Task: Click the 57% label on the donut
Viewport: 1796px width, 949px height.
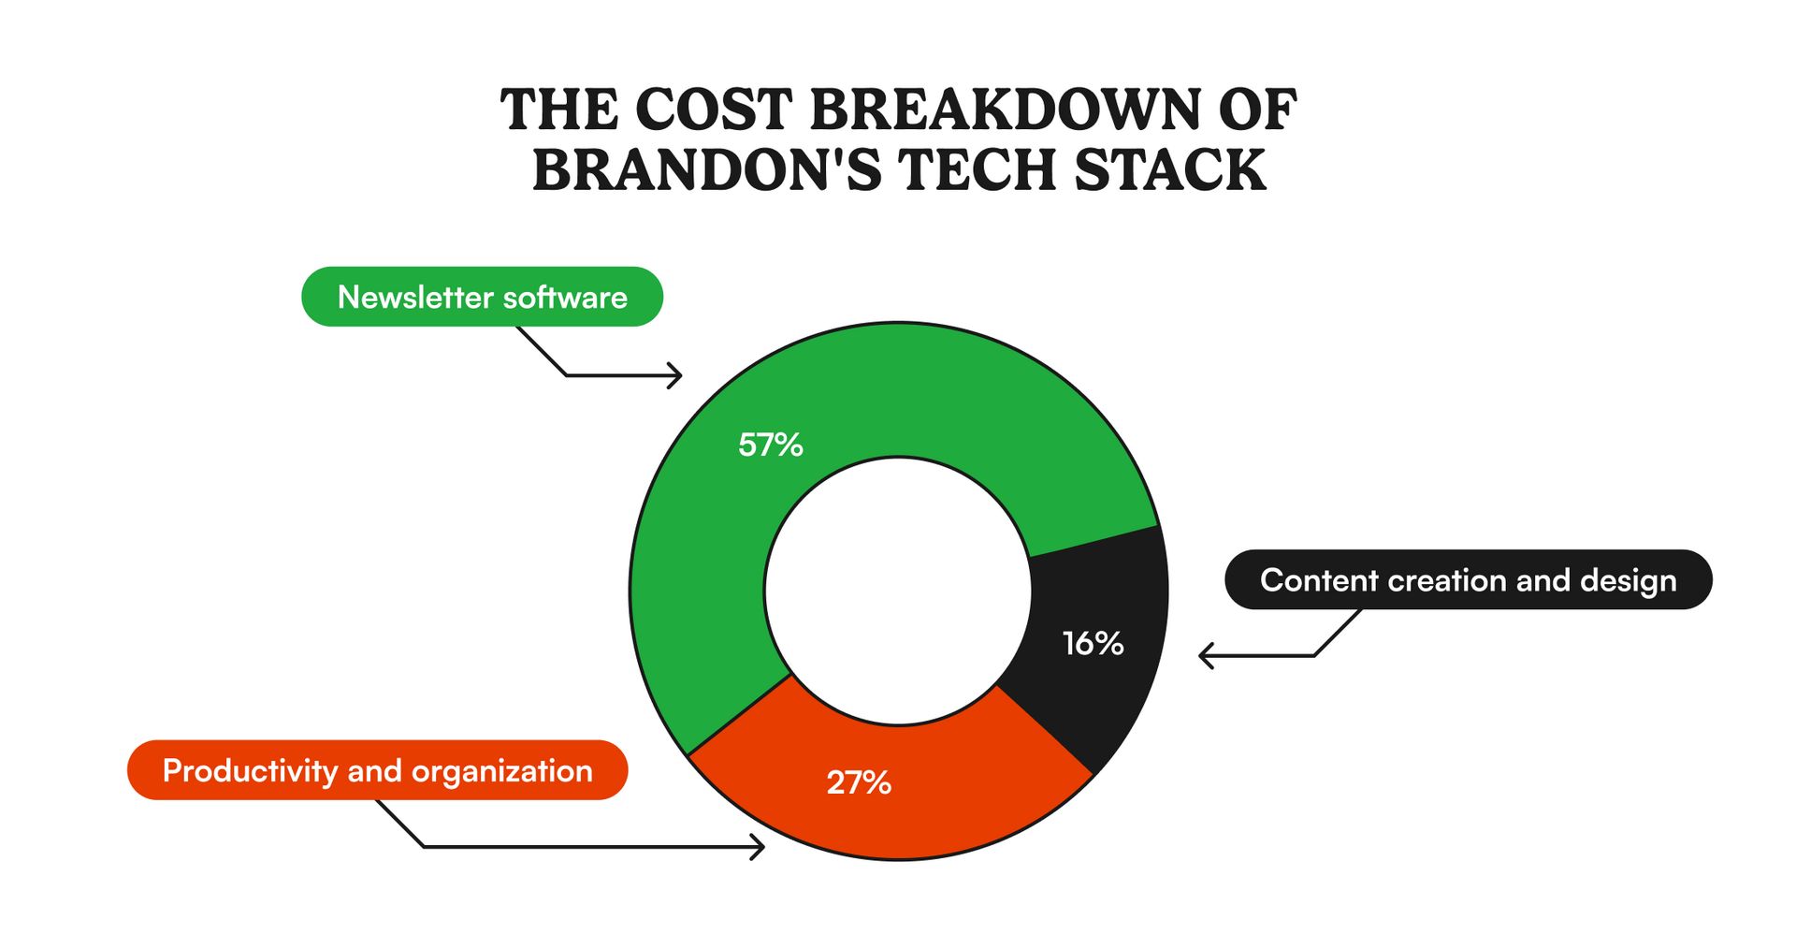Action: pos(770,445)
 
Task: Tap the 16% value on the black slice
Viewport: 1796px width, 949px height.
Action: pos(1093,643)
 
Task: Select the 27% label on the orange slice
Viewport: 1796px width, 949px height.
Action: pos(859,782)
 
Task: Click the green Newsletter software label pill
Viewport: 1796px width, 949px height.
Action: pos(482,297)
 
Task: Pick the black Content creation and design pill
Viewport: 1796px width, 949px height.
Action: pos(1469,579)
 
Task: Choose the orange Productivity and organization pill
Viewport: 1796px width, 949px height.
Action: pos(377,770)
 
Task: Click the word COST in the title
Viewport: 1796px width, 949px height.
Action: pos(713,109)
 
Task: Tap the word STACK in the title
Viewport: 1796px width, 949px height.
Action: pos(1170,169)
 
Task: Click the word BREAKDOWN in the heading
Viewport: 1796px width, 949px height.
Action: pos(1006,109)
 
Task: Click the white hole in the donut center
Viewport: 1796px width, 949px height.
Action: pos(898,591)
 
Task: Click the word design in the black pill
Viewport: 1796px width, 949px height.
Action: pos(1629,581)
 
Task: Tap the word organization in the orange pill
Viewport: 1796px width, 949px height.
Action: pos(502,772)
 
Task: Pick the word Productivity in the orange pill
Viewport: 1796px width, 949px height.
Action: pos(250,772)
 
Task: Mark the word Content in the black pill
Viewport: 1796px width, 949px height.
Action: pos(1319,579)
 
